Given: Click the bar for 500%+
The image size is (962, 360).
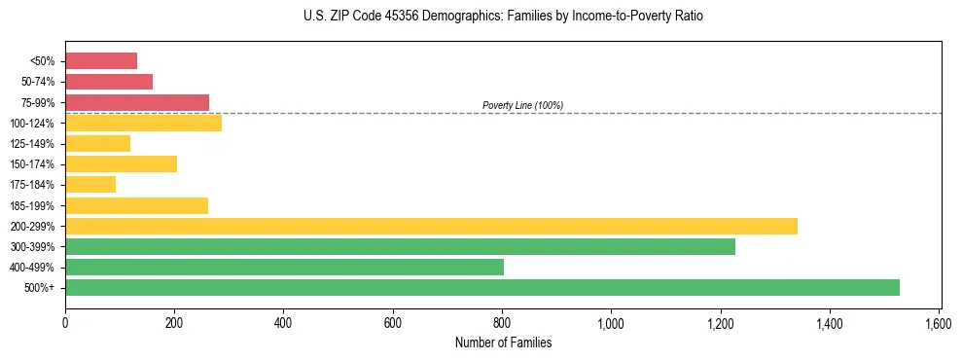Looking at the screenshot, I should click(x=482, y=287).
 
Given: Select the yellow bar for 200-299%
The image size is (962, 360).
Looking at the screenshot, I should click(x=431, y=226).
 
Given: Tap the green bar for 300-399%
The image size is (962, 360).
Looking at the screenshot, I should click(x=400, y=246).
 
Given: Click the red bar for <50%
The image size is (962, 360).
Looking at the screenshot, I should click(x=101, y=60).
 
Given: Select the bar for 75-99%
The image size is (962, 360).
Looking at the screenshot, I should click(x=137, y=102).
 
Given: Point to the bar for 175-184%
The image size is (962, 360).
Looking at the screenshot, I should click(x=90, y=184).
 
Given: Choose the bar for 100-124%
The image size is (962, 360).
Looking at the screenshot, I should click(x=143, y=123).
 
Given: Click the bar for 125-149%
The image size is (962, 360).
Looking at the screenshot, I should click(x=97, y=143).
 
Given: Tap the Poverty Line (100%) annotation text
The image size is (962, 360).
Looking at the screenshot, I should click(x=522, y=105).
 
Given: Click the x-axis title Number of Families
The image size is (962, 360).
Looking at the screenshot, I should click(x=503, y=342).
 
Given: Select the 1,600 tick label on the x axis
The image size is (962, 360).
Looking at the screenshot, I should click(x=939, y=322).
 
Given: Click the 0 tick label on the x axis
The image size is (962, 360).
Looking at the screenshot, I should click(x=65, y=322).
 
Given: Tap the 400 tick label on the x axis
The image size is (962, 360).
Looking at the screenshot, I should click(x=283, y=322).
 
